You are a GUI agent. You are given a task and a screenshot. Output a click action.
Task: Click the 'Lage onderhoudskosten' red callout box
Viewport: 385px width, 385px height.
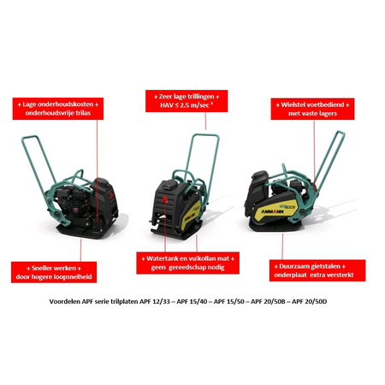58,109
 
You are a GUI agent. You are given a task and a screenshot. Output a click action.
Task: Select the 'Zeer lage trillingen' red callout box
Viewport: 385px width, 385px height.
187,101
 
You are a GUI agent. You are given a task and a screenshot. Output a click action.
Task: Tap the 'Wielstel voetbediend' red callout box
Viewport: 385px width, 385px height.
312,109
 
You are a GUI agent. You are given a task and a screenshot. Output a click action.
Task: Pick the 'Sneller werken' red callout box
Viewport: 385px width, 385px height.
54,272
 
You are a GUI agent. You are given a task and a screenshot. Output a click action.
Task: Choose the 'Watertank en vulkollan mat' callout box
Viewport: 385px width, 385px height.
187,263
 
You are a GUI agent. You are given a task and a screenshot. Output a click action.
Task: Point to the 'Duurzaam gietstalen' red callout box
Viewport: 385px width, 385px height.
317,270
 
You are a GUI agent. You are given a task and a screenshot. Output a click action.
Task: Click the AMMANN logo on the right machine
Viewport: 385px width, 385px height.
272,211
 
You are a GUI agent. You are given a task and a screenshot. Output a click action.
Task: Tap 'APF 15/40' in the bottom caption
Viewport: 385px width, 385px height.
192,301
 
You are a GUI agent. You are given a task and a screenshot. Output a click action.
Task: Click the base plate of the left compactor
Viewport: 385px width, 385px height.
86,230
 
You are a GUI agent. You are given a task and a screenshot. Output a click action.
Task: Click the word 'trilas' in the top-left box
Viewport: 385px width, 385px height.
82,113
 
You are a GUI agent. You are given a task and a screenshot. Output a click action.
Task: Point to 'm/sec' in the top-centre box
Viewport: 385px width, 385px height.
198,105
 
